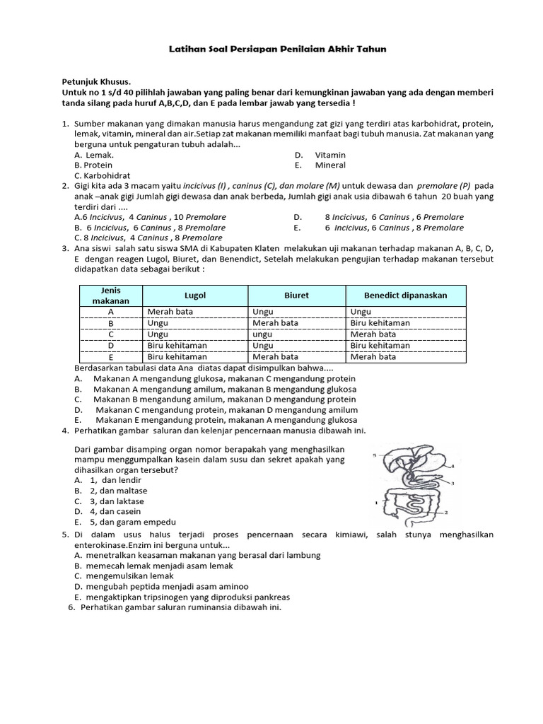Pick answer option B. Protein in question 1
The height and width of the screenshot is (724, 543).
pyautogui.click(x=93, y=165)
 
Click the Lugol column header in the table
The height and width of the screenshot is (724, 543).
pyautogui.click(x=195, y=296)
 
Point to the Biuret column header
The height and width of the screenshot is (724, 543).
pyautogui.click(x=296, y=296)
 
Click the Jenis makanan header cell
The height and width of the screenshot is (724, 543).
pyautogui.click(x=110, y=296)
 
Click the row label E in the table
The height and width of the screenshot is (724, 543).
pyautogui.click(x=110, y=357)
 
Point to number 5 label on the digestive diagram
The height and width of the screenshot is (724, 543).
pyautogui.click(x=374, y=456)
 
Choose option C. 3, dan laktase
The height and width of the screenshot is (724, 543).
pyautogui.click(x=107, y=501)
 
